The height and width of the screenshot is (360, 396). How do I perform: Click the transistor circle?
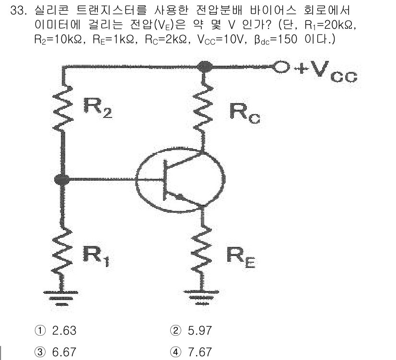pyautogui.click(x=180, y=180)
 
